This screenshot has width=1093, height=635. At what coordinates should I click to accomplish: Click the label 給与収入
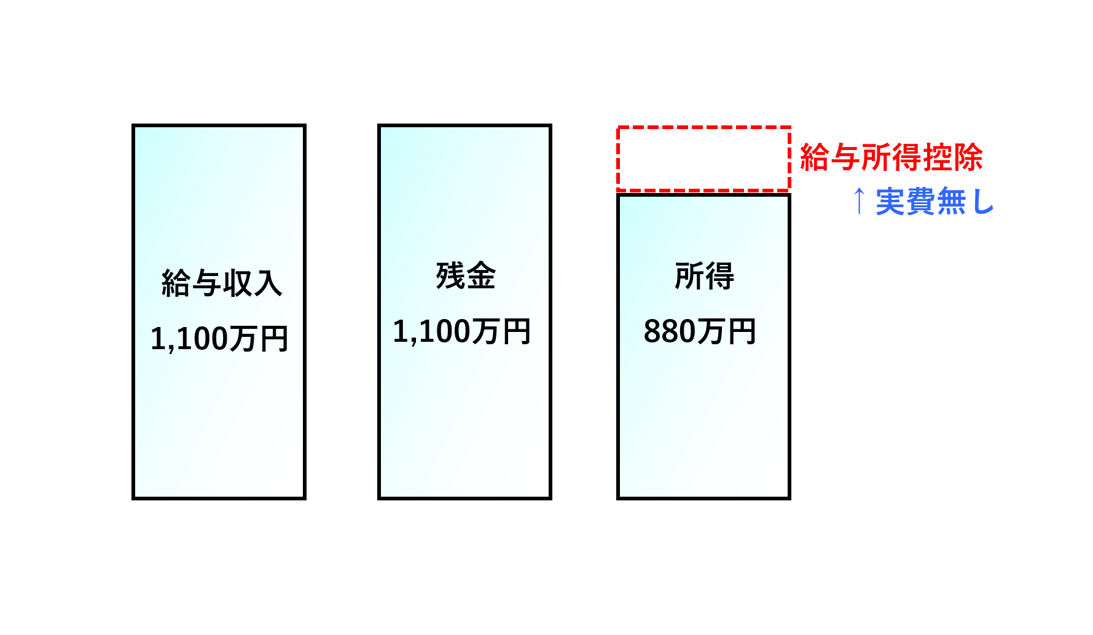pos(222,283)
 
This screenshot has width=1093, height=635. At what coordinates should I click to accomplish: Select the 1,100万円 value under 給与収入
pos(219,339)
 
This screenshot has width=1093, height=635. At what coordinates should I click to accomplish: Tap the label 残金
pos(466,275)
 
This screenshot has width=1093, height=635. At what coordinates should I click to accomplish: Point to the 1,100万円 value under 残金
pos(462,331)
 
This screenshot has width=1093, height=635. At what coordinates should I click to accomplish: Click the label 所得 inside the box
pos(704,275)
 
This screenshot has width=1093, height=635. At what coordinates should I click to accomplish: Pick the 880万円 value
pos(700,331)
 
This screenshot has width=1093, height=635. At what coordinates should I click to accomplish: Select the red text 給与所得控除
pos(891,157)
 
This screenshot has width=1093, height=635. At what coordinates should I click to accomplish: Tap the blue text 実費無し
pos(934,202)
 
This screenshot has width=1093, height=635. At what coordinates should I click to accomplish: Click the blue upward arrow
pos(860,201)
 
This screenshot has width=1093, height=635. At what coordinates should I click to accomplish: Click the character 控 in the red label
pos(937,157)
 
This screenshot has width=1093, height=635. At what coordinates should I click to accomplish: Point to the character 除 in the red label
pos(968,157)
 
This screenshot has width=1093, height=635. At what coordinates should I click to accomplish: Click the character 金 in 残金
pos(481,275)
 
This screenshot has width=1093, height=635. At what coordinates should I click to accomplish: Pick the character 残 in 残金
pos(450,275)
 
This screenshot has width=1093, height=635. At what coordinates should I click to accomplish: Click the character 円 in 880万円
pos(742,332)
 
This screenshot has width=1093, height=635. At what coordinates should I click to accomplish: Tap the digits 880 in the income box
pos(670,332)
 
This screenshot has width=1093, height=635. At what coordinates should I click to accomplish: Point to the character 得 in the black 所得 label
pos(719,275)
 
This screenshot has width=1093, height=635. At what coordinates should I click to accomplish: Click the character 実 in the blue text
pos(891,202)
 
